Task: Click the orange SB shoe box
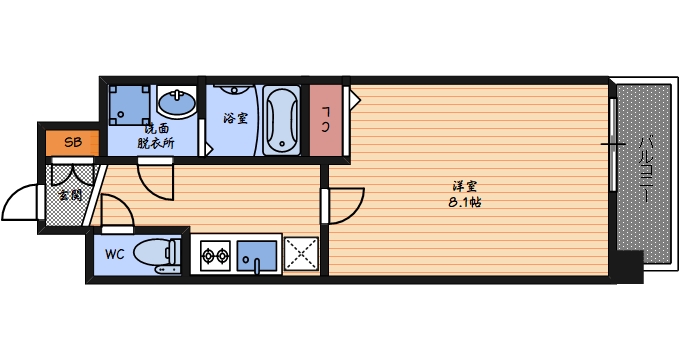pos(72,142)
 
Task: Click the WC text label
pos(113,254)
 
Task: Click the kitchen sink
pos(258,256)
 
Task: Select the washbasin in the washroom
pos(179,104)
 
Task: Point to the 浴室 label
pos(235,118)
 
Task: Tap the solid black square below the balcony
pos(628,265)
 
